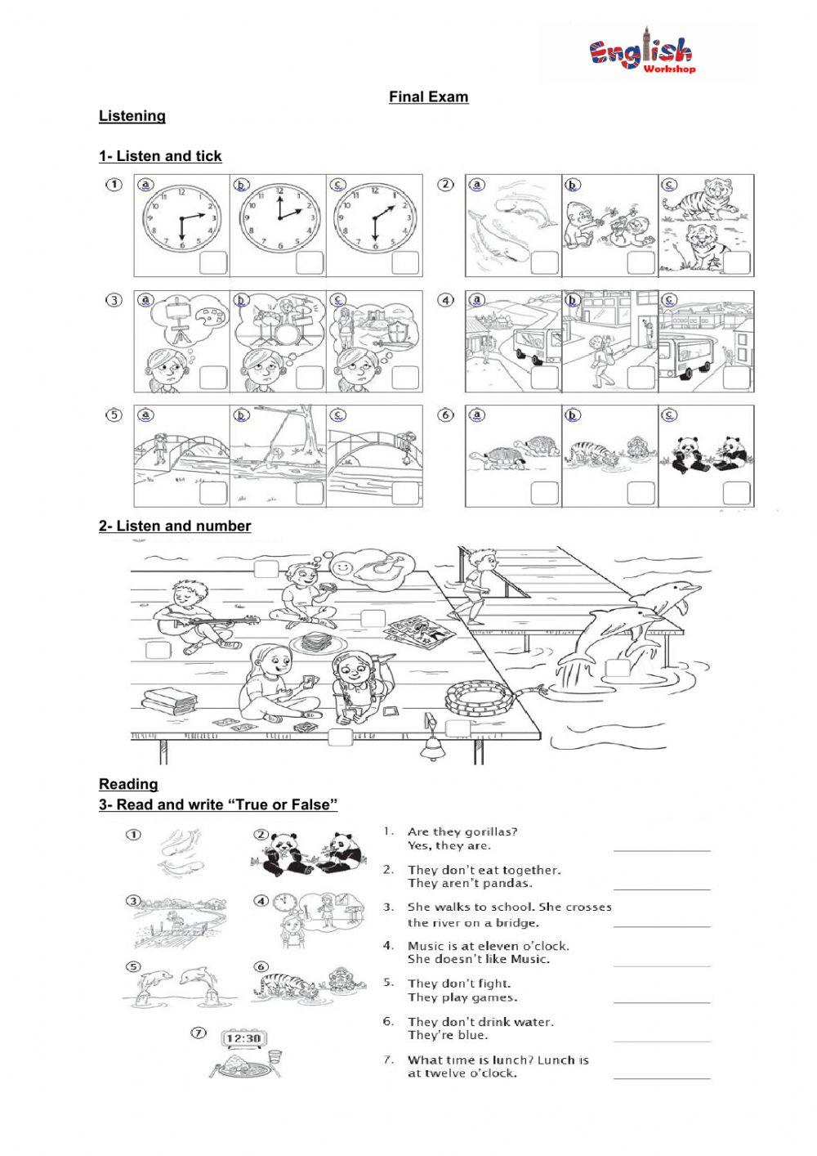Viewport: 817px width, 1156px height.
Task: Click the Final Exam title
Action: click(x=428, y=97)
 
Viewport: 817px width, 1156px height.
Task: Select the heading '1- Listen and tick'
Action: click(x=160, y=156)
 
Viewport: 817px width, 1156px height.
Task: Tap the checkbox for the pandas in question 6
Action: click(x=737, y=493)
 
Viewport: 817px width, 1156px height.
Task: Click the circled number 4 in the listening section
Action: click(x=446, y=301)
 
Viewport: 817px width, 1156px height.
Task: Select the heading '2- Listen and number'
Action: click(x=175, y=526)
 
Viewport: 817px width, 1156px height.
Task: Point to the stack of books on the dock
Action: click(x=169, y=701)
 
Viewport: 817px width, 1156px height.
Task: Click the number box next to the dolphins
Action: click(x=617, y=668)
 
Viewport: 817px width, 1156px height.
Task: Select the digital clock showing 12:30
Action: click(x=243, y=1039)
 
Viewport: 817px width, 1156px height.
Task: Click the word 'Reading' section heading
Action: click(x=128, y=784)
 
